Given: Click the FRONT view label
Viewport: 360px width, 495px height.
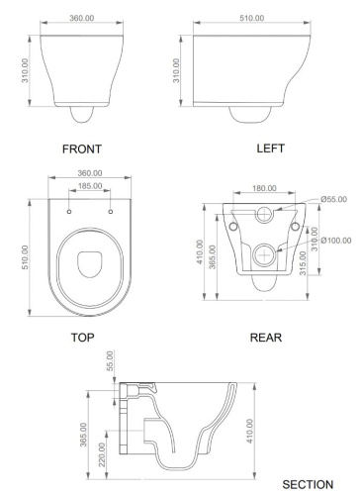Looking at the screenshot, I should pos(82,148).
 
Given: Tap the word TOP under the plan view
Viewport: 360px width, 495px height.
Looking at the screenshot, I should pos(82,337).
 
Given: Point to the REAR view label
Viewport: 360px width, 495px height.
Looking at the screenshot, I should pos(265,337).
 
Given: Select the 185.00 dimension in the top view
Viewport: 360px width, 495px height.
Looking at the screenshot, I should pos(91,185).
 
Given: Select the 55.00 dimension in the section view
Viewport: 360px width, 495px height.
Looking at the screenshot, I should pos(110,361).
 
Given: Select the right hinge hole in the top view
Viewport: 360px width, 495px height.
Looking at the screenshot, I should pos(103,211).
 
